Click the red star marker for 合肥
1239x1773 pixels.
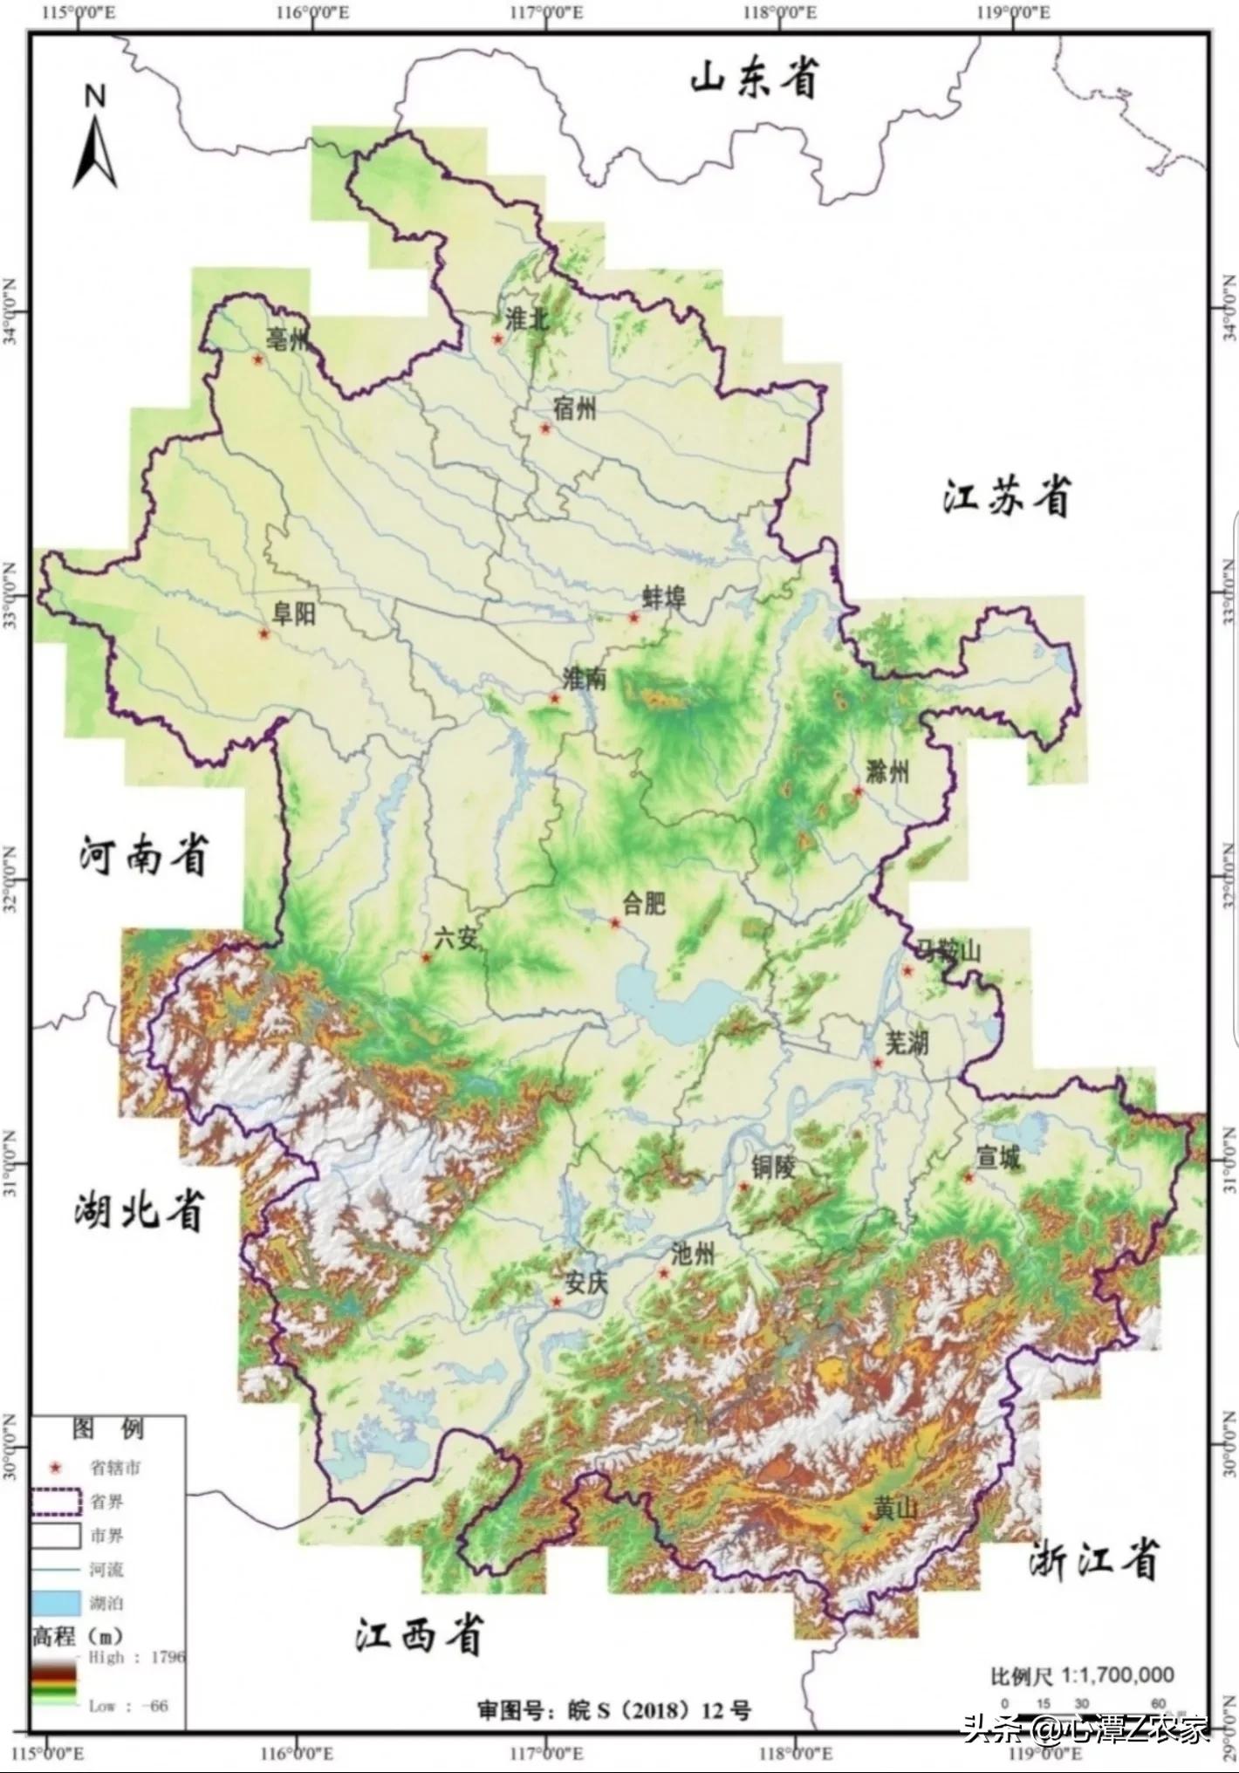click(x=614, y=923)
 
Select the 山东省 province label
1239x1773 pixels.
click(x=755, y=79)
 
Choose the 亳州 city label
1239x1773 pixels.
click(x=287, y=339)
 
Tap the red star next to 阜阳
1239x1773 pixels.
click(x=264, y=633)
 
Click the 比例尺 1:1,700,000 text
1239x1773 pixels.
click(x=1082, y=1674)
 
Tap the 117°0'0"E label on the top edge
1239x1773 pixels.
click(x=549, y=13)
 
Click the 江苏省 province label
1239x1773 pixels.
click(x=1006, y=498)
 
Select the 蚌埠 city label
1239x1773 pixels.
click(x=665, y=598)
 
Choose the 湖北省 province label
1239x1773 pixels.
click(x=140, y=1210)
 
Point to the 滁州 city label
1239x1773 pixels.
click(x=888, y=771)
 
